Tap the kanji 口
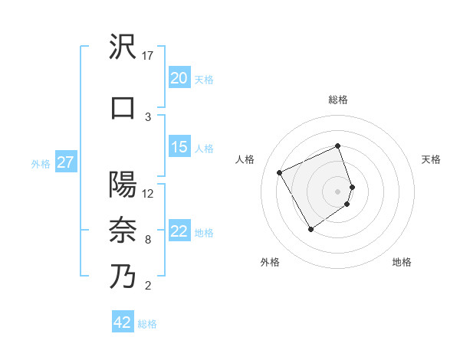pos(123,107)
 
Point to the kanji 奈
pos(123,230)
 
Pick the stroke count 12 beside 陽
pos(149,193)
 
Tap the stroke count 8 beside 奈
pos(147,240)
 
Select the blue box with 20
pos(179,78)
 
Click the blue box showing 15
pos(179,147)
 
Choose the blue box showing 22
pos(179,231)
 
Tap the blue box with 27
pos(65,162)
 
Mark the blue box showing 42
pos(122,322)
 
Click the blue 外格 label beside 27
pos(40,163)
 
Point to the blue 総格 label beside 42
pos(147,323)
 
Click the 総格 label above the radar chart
pos(337,100)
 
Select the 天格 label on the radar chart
pos(431,159)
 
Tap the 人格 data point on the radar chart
pos(280,173)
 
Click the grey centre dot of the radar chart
pos(337,191)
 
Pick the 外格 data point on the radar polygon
pos(310,229)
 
